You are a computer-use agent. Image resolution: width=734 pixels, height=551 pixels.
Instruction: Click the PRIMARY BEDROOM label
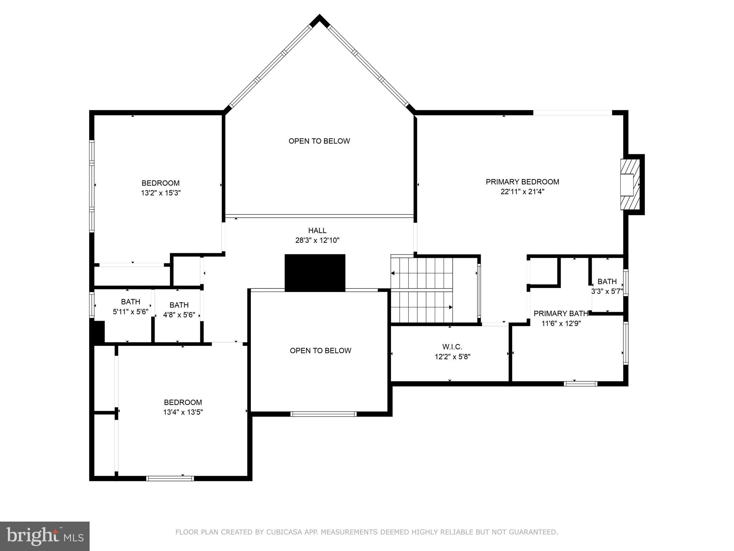522,182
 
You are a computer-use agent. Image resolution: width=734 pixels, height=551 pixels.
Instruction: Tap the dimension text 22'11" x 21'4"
522,192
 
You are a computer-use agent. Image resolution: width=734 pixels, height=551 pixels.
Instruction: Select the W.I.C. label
452,347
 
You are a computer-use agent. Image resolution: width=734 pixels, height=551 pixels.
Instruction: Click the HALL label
317,231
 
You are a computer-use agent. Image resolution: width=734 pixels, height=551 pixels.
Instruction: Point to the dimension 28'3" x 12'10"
317,240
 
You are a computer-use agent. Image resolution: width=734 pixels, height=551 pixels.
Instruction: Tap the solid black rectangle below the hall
315,272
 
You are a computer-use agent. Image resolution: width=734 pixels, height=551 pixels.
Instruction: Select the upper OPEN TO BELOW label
319,141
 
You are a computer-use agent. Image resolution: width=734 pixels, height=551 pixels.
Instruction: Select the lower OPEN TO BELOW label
320,350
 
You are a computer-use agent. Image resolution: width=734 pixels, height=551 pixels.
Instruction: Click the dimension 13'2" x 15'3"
161,193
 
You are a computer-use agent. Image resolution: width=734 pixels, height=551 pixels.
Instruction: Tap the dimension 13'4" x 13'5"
183,412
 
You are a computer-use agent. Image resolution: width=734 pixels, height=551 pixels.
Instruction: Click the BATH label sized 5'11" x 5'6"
130,302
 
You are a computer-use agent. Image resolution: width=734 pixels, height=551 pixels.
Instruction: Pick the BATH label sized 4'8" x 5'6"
179,305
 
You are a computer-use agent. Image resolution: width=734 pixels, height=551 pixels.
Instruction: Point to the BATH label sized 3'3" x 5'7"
607,282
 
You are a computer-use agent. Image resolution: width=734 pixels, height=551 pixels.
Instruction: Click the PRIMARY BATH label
561,314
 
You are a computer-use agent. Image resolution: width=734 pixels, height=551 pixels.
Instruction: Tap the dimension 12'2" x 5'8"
452,357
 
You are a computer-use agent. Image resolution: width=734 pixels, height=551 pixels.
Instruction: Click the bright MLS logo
45,536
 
